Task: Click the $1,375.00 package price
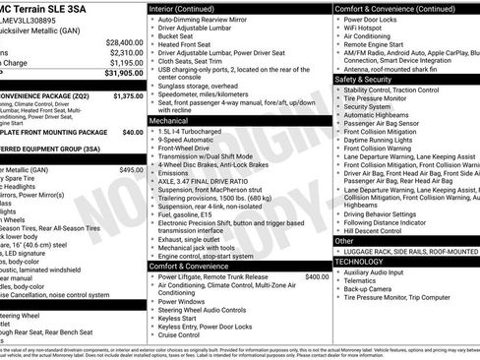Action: (x=127, y=96)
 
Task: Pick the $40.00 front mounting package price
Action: (x=132, y=131)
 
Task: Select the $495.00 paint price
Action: (x=131, y=170)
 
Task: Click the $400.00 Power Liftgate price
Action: (x=317, y=276)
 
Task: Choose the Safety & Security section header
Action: (x=364, y=79)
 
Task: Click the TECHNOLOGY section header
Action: (x=366, y=263)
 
